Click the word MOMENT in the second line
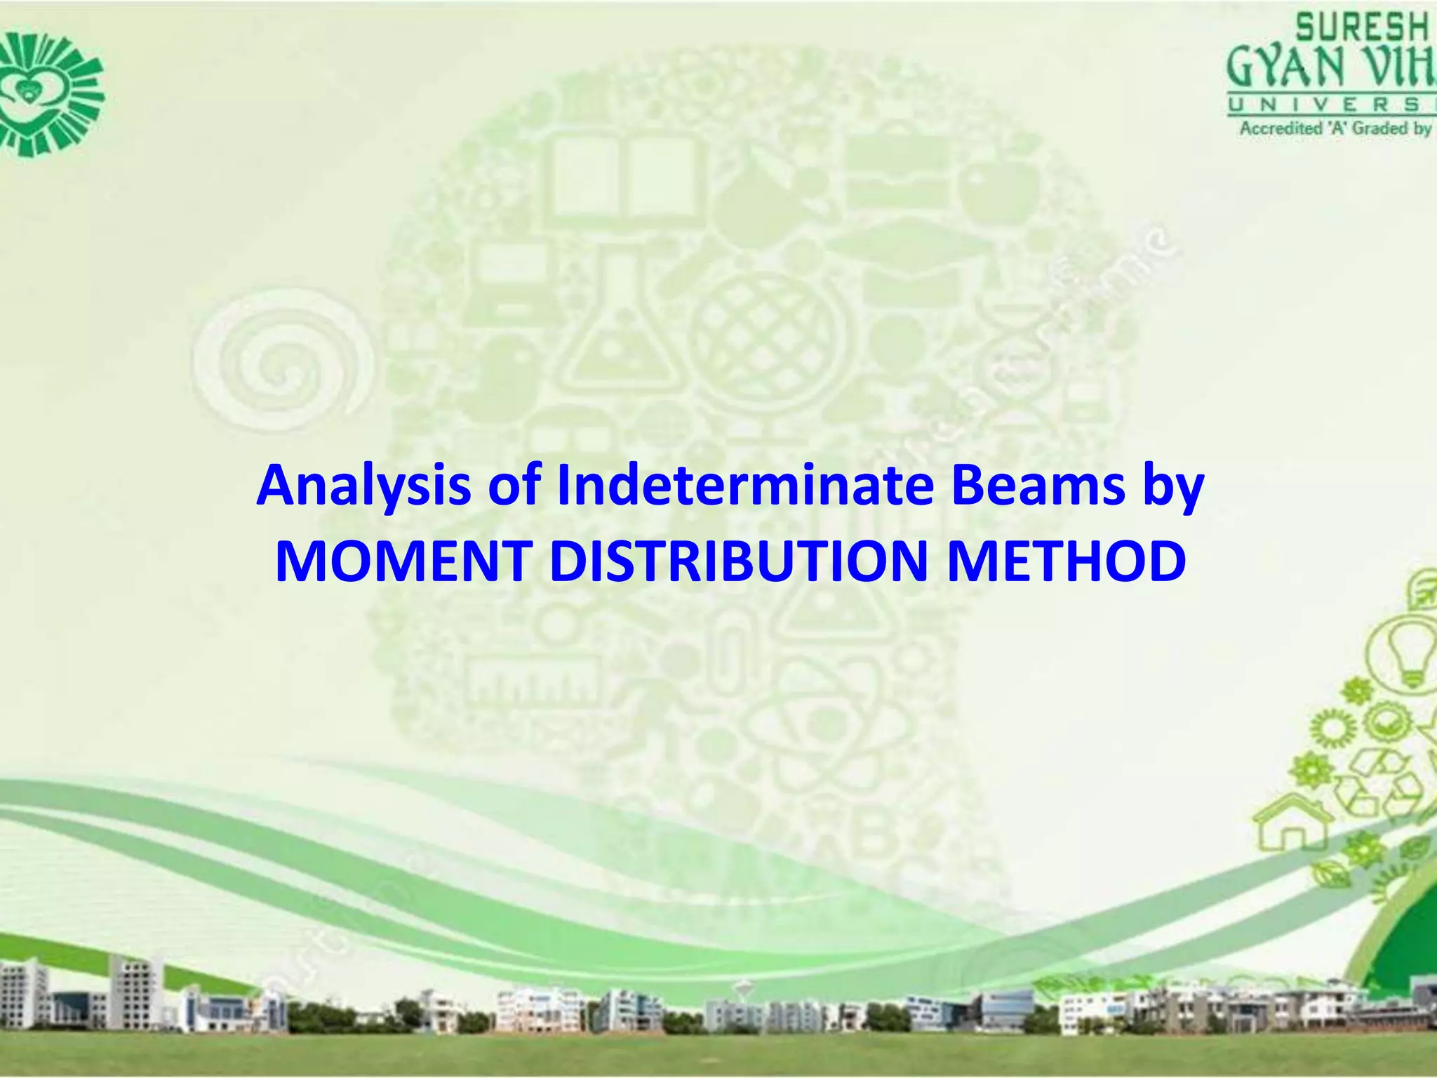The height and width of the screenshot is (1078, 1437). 402,563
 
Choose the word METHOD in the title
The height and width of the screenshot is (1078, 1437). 1067,563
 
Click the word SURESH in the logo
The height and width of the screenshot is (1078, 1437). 1361,29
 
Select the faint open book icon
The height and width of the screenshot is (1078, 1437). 624,175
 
